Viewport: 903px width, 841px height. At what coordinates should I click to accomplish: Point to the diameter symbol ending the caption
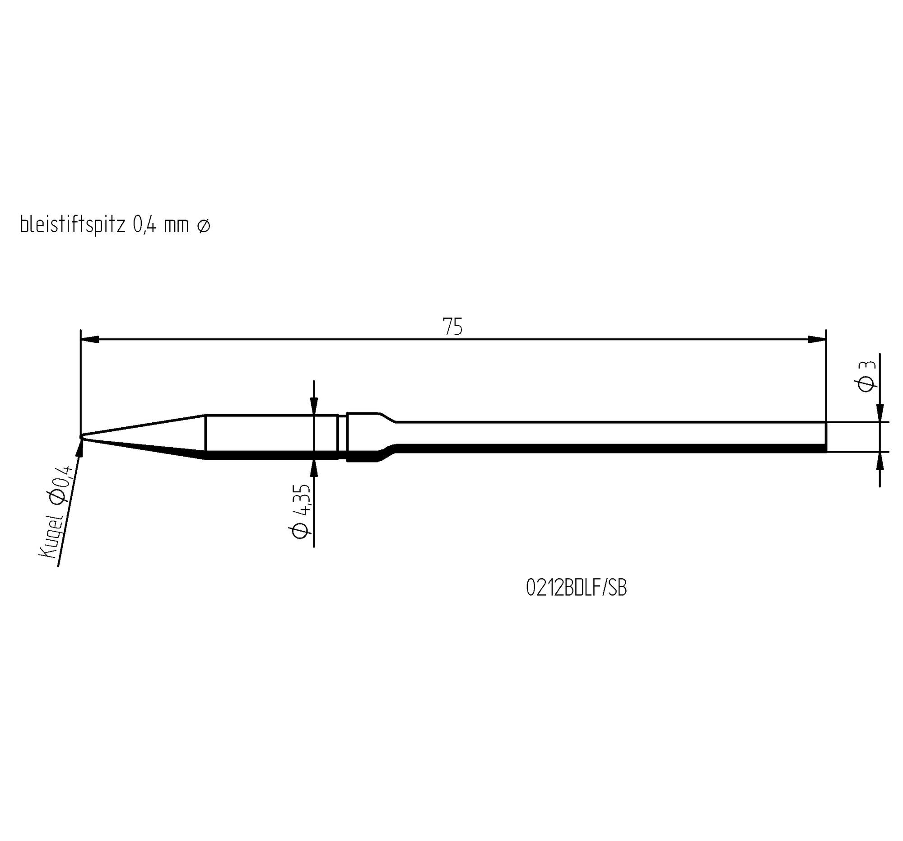tap(204, 226)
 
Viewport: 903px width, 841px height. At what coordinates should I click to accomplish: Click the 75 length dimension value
tap(452, 327)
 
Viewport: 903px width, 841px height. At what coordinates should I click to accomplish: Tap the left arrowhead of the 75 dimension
tap(90, 339)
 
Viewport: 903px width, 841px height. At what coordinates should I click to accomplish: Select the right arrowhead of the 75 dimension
tap(817, 339)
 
